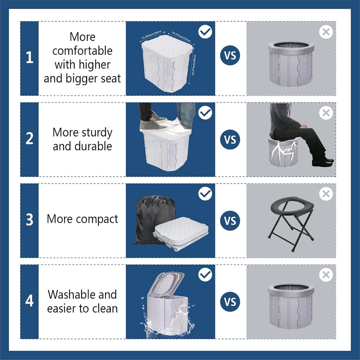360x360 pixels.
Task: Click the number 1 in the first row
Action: [29, 58]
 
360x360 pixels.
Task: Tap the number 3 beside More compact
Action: [29, 220]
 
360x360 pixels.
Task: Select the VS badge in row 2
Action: [230, 139]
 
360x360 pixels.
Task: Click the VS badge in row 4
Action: [230, 302]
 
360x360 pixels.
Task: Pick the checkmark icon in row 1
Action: [205, 32]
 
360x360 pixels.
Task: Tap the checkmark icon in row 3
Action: [205, 194]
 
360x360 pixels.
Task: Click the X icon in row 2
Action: [326, 113]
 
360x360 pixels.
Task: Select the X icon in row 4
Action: [326, 275]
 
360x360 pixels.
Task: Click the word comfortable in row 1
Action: [82, 51]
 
